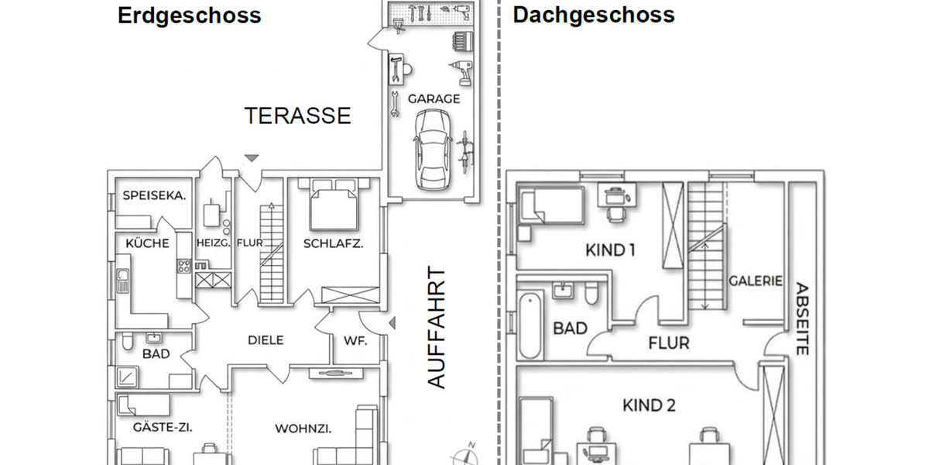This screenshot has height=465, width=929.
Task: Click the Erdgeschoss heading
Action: click(189, 15)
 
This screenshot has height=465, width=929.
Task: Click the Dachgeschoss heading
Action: click(593, 15)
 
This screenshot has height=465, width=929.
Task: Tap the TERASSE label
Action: click(297, 116)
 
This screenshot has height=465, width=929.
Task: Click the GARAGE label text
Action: click(434, 99)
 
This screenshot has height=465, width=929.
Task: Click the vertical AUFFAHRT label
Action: click(437, 328)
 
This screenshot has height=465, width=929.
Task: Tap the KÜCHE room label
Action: click(147, 243)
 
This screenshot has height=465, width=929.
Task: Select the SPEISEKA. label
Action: click(154, 196)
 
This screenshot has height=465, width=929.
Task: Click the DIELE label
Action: click(266, 339)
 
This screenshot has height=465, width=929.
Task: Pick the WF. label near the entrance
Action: click(355, 340)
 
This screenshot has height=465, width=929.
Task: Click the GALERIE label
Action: click(755, 281)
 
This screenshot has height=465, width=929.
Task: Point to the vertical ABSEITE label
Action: click(801, 318)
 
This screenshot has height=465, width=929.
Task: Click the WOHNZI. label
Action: click(303, 429)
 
